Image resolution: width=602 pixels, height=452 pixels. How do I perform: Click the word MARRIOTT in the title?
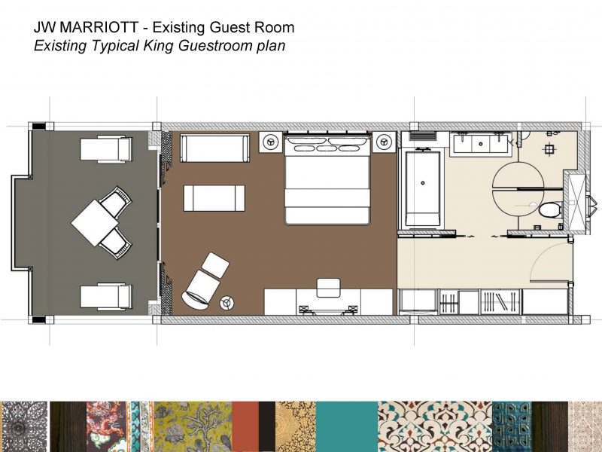[99, 27]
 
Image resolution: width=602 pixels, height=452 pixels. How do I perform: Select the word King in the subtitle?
[160, 45]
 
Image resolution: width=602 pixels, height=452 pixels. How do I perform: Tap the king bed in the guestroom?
[327, 179]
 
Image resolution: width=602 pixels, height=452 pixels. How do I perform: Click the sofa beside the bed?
[214, 148]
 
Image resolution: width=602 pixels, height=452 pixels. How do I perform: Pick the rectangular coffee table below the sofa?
[214, 198]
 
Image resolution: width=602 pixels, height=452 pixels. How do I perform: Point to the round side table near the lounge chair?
[227, 303]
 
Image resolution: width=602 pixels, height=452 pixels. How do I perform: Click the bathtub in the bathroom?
[423, 189]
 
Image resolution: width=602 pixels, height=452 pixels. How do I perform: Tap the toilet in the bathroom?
[550, 210]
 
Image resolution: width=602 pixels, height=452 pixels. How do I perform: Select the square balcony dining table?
[95, 223]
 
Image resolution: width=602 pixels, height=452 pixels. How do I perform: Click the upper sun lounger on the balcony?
[106, 149]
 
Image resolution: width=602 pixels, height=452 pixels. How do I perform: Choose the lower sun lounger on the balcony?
[106, 296]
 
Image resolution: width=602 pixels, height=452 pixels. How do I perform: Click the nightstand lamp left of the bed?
[271, 142]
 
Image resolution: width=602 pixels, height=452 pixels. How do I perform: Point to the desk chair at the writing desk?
[328, 288]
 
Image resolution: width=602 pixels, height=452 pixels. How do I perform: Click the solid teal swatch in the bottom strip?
[347, 426]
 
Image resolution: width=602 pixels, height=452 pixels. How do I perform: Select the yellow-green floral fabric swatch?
[193, 426]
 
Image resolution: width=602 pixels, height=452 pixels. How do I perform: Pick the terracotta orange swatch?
[245, 426]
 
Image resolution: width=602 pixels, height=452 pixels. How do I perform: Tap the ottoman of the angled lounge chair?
[215, 265]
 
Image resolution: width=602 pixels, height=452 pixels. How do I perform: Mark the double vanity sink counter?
[481, 145]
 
